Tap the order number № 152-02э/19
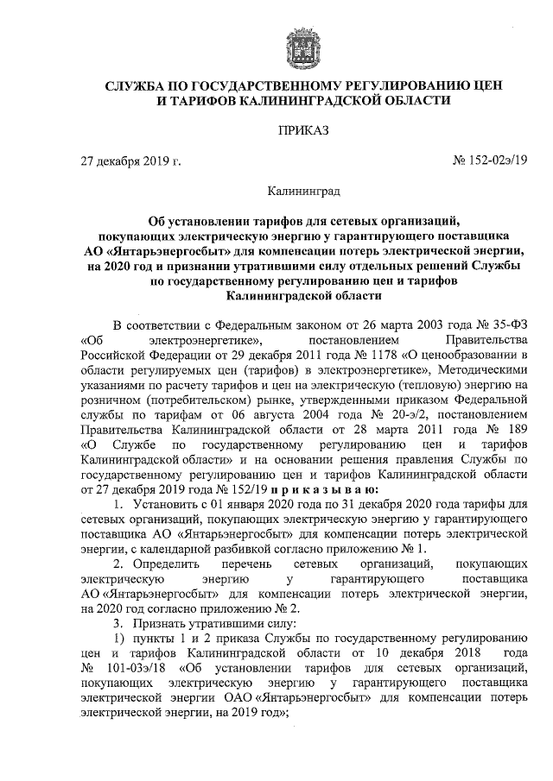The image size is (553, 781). [x=486, y=161]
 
